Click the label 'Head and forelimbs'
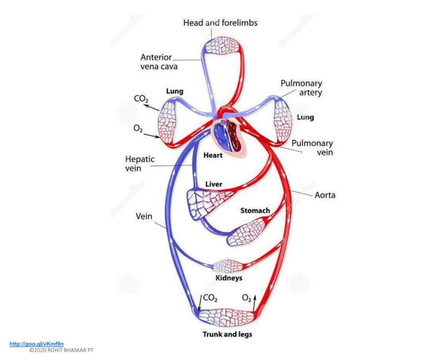point(220,22)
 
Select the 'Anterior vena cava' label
point(161,62)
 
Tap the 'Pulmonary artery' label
point(301,88)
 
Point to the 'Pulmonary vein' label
point(312,147)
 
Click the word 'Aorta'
point(324,194)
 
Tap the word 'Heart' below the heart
point(213,155)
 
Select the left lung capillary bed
point(171,121)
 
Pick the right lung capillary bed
point(283,119)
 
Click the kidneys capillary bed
point(228,266)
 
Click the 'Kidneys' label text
point(228,278)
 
